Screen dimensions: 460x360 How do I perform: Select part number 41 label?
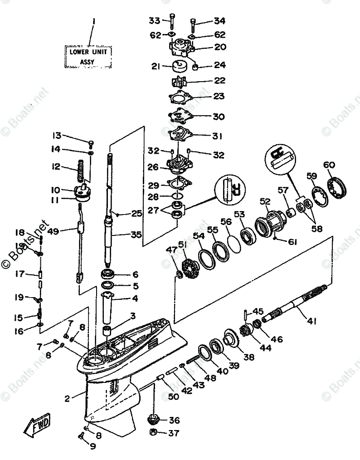click(311, 321)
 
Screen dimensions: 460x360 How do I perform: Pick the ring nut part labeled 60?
click(337, 186)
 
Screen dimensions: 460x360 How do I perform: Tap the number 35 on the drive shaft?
click(135, 235)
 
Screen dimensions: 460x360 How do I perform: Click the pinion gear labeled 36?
click(155, 419)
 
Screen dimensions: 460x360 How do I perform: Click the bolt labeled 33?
click(172, 22)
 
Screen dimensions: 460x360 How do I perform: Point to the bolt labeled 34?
click(193, 22)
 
